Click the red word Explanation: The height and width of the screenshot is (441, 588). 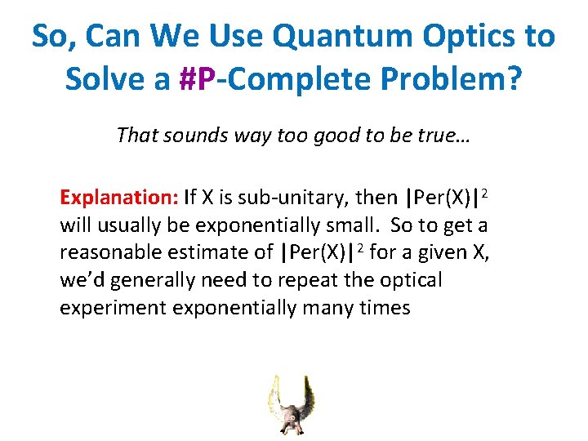click(119, 198)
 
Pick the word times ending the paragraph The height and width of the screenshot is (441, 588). click(384, 309)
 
